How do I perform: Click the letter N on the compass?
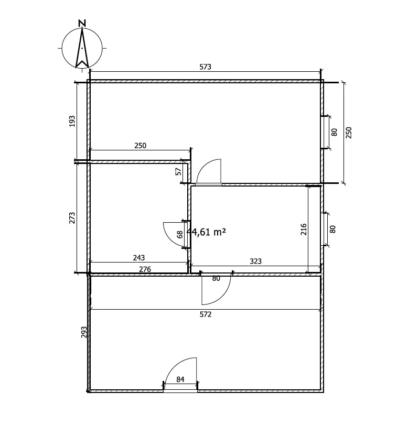click(x=82, y=24)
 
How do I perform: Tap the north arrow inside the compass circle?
click(x=82, y=48)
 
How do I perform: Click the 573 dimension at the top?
click(x=205, y=67)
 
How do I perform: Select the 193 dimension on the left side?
click(x=72, y=121)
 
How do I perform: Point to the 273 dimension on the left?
click(x=72, y=218)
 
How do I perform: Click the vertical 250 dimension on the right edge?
click(x=349, y=133)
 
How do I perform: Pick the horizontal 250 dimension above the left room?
click(x=140, y=146)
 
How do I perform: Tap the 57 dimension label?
click(x=178, y=171)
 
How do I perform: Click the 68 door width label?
click(x=180, y=234)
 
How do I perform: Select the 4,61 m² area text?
click(x=207, y=232)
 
